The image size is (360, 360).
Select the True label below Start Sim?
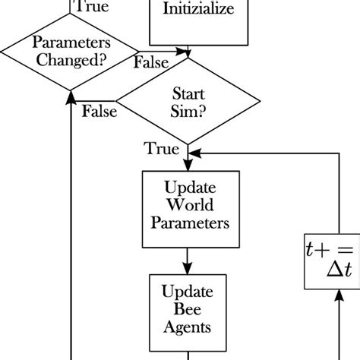click(x=163, y=149)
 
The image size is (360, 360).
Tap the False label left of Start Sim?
click(x=99, y=112)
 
